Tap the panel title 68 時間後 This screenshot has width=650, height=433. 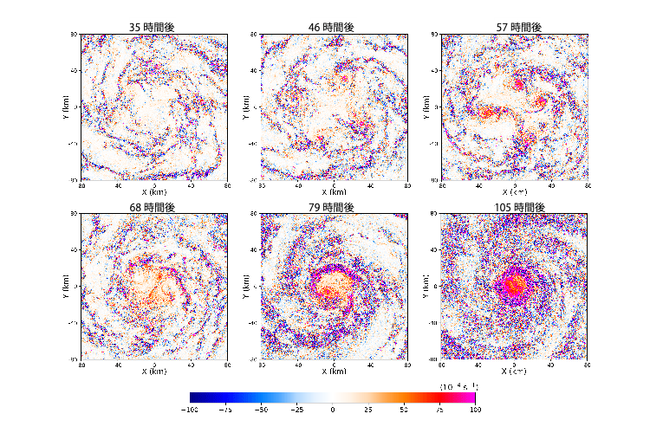click(x=153, y=208)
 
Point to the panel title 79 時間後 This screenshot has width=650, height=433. click(x=334, y=208)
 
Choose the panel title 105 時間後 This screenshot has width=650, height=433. click(x=514, y=208)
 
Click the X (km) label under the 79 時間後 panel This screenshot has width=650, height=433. click(x=334, y=372)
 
